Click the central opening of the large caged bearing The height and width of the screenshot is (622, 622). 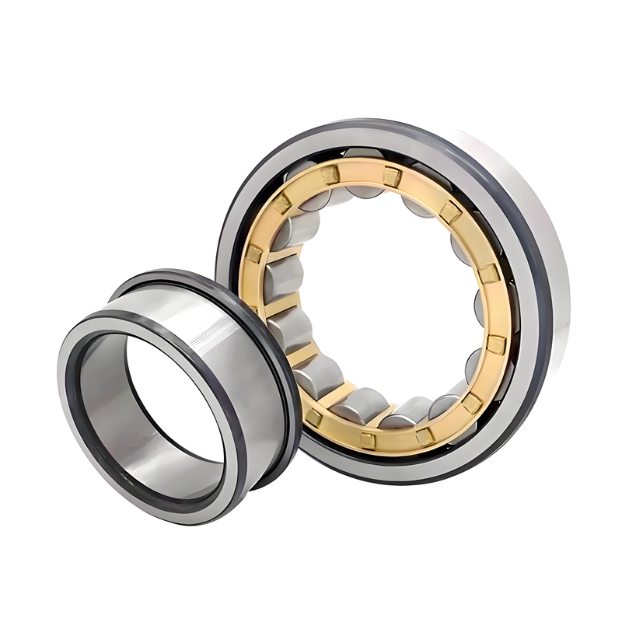[397, 303]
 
